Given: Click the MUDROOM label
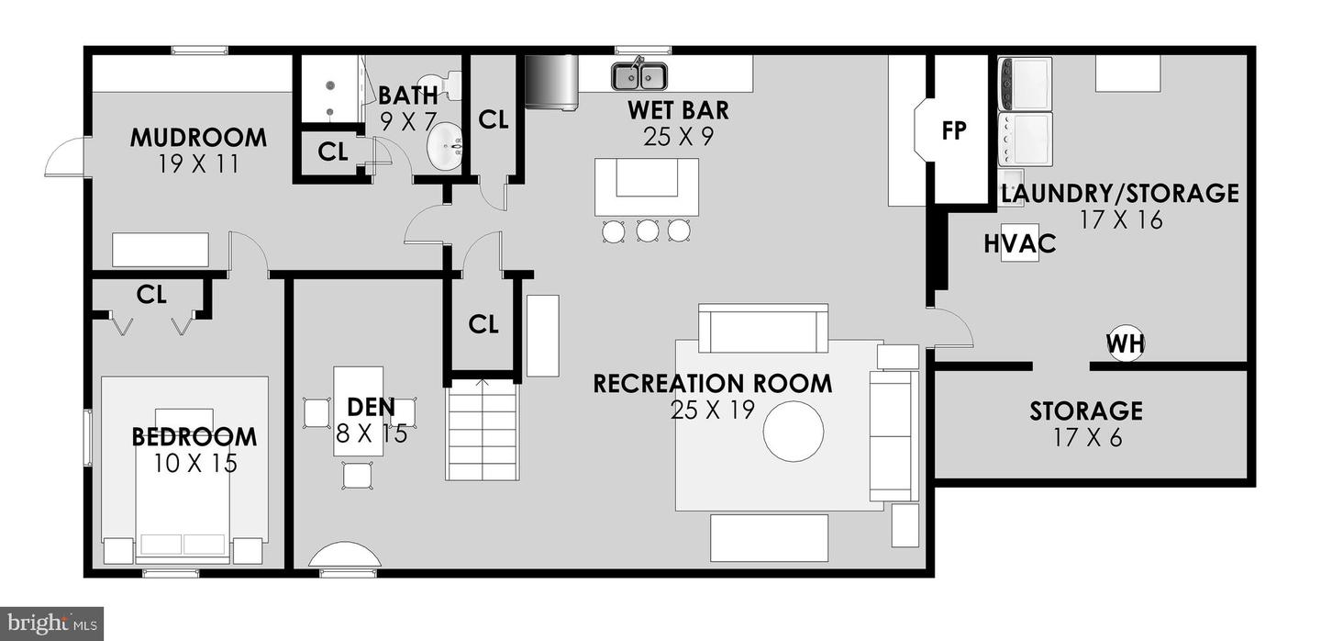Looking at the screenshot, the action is click(198, 138).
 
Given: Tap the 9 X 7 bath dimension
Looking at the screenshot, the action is click(407, 121).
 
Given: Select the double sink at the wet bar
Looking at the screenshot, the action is click(639, 75).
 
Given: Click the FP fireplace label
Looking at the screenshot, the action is click(954, 130).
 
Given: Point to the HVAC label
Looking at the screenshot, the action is click(1020, 243).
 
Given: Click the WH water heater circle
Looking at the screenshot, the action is click(1126, 343).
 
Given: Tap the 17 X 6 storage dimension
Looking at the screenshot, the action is click(1087, 437).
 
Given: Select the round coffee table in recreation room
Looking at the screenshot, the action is click(794, 431).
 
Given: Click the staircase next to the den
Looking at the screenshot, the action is click(483, 429).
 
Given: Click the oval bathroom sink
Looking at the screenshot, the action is click(445, 148).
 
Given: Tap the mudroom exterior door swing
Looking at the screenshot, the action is click(65, 156).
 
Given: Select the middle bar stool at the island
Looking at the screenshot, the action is click(647, 231).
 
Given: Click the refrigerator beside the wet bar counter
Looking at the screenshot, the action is click(550, 83).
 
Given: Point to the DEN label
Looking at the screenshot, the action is click(371, 407).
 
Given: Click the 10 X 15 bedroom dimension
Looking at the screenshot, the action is click(195, 464).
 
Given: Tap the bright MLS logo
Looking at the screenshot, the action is click(52, 624).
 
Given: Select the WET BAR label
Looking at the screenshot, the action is click(678, 110).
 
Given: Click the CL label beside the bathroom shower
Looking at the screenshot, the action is click(333, 152).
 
